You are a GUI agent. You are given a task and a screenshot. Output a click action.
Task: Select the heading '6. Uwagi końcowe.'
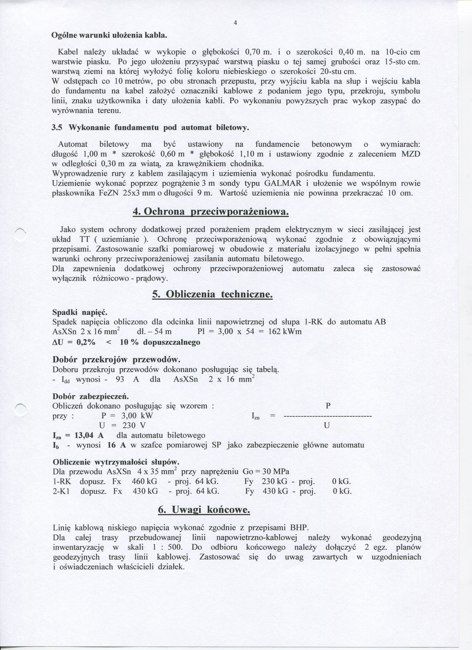tap(204, 510)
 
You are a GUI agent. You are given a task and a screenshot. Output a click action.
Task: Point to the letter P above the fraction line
tap(328, 406)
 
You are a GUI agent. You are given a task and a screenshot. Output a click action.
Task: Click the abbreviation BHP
tap(299, 528)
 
